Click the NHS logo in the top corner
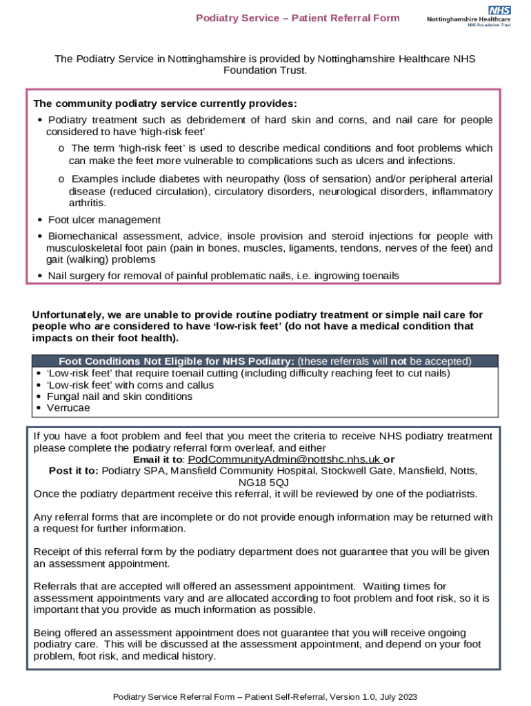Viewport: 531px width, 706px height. tap(499, 10)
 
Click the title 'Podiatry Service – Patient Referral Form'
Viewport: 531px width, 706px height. tap(298, 18)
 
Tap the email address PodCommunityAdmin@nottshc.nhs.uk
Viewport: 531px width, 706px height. tap(284, 459)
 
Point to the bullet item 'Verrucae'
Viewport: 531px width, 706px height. tap(68, 407)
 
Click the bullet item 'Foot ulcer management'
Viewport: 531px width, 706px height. tap(104, 220)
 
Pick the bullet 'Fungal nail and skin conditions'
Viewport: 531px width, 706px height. tap(119, 396)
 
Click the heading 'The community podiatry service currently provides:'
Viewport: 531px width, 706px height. tap(165, 103)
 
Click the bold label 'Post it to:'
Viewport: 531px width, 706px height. tap(74, 471)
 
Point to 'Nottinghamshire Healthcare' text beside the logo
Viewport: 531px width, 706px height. tap(469, 19)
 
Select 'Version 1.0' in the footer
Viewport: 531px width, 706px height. tap(347, 697)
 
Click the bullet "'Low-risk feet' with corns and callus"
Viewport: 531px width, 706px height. tap(130, 385)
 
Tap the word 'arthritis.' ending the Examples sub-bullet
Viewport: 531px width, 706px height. tap(88, 203)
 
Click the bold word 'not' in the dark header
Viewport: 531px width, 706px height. tap(398, 361)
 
